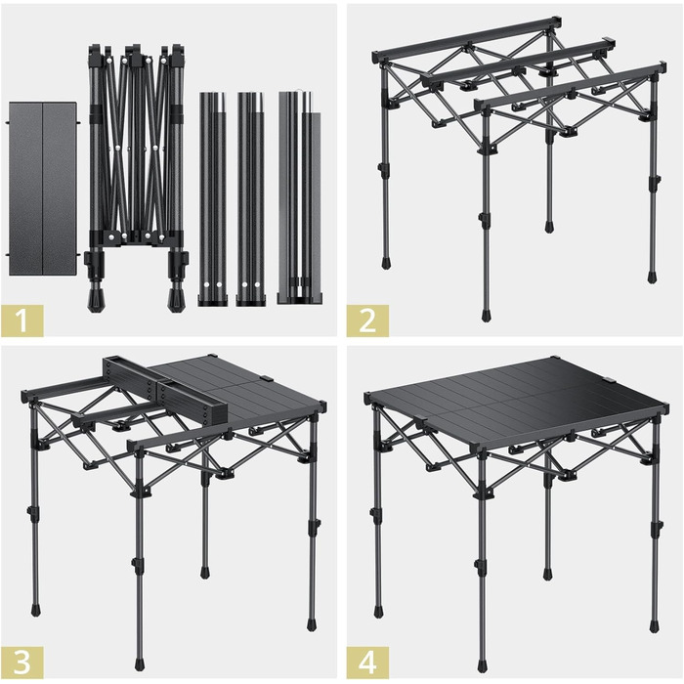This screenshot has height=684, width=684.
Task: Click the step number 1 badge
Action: pos(21,321)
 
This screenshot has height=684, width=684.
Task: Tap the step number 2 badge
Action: pos(367,321)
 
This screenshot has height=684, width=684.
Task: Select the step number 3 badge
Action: pos(21,663)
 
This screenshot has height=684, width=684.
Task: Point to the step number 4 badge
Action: pos(367,663)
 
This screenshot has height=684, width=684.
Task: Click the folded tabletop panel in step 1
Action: pos(43,189)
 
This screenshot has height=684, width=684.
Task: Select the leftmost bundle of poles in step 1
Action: pos(213,198)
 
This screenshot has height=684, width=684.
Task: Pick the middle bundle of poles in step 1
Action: pos(251,198)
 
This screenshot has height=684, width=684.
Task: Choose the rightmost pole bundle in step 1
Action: pos(300,197)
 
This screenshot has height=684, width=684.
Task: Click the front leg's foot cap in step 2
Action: pos(486,316)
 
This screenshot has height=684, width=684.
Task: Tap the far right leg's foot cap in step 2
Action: pos(652,278)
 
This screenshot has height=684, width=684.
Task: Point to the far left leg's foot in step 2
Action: pos(386,263)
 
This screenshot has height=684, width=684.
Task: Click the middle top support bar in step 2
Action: pos(518,61)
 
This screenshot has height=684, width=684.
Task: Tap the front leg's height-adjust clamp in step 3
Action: pos(137,562)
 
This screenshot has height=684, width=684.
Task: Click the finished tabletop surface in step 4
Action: pos(518,402)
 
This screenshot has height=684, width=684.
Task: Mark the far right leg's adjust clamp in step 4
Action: pos(657,527)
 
